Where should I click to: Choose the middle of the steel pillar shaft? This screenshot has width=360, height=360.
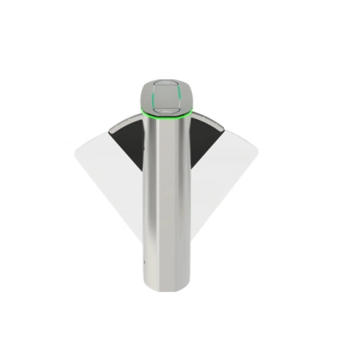pos(168,200)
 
